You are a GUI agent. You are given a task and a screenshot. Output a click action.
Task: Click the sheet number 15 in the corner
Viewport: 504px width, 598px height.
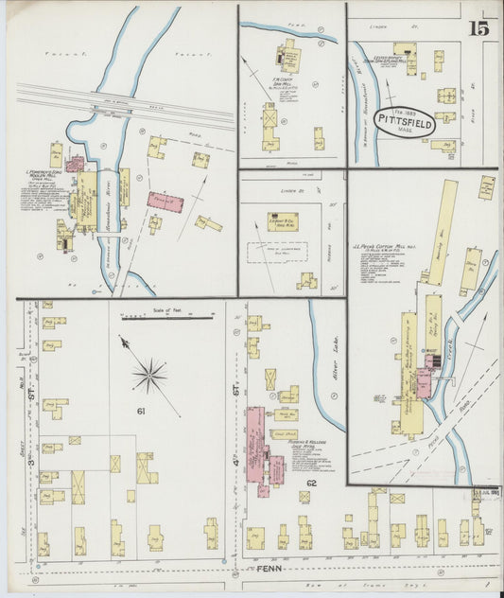[x=478, y=27]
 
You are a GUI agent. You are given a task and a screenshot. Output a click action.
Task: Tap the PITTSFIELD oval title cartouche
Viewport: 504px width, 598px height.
[x=404, y=122]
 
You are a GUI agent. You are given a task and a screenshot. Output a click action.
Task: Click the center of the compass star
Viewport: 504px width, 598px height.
[x=148, y=376]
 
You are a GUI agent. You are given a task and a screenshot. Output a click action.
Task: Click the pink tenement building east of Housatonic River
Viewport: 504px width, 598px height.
[x=165, y=202]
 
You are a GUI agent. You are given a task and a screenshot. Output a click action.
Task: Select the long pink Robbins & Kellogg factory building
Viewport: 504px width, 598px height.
[x=255, y=449]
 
